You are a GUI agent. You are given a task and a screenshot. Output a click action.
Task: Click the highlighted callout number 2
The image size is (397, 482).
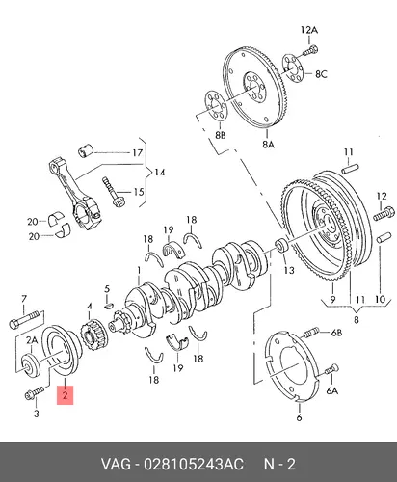click(x=66, y=395)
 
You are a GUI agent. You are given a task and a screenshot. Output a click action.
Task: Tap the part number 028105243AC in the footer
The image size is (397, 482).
click(x=194, y=465)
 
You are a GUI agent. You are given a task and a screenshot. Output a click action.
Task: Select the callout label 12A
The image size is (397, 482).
click(x=309, y=30)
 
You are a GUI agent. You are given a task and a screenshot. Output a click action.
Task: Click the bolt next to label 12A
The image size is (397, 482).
click(x=310, y=50)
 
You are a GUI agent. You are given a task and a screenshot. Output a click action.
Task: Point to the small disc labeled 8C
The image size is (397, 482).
click(x=293, y=68)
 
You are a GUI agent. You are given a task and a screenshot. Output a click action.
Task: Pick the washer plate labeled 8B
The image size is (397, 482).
click(x=216, y=107)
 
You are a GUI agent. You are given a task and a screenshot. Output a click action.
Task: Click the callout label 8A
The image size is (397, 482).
click(x=268, y=145)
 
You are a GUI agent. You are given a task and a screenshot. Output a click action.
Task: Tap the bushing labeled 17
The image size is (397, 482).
click(x=86, y=150)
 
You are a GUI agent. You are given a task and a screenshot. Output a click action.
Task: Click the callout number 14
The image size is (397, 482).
click(x=160, y=173)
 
